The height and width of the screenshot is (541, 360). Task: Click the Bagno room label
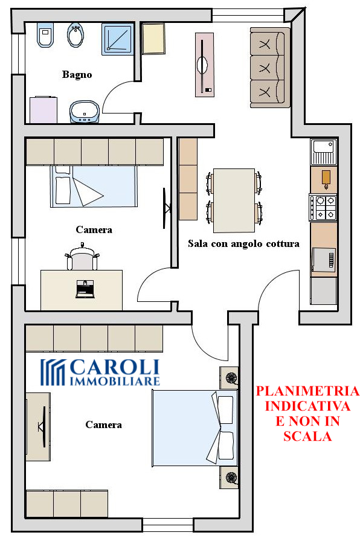tap(77, 74)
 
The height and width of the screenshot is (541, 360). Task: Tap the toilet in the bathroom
tap(45, 35)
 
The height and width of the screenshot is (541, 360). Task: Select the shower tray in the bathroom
tap(118, 39)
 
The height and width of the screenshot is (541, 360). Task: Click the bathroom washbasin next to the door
tap(85, 112)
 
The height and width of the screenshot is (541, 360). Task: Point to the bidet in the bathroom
tap(76, 35)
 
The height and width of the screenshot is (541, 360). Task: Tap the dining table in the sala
tap(234, 200)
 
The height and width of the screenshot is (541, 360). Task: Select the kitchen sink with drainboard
tap(323, 152)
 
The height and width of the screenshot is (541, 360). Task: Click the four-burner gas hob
tap(323, 207)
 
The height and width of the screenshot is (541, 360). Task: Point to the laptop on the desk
tap(85, 289)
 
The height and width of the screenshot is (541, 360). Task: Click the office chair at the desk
tap(82, 257)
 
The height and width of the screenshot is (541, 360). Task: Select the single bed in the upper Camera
tap(94, 187)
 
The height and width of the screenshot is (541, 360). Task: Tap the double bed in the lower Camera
tap(194, 428)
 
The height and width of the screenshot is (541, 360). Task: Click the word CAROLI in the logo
tap(115, 367)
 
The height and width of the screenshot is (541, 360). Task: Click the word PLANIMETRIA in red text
tap(307, 391)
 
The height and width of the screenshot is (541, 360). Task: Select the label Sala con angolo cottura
tap(243, 244)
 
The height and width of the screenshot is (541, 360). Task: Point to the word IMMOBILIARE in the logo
tap(115, 381)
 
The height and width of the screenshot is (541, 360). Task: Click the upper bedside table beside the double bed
tap(229, 378)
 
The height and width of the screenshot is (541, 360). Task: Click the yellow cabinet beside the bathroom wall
tap(153, 38)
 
